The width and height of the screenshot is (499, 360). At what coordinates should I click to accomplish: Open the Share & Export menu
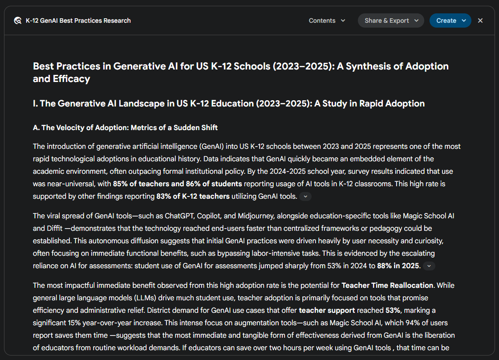(x=390, y=20)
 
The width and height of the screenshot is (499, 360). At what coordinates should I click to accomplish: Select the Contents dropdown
(x=327, y=20)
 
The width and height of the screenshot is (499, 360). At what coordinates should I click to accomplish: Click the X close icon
(x=480, y=20)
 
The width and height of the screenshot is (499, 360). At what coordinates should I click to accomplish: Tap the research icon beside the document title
(x=18, y=20)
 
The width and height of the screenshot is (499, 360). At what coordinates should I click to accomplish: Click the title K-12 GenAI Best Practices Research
(x=78, y=20)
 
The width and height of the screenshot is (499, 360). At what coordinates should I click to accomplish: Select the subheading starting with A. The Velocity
(x=125, y=128)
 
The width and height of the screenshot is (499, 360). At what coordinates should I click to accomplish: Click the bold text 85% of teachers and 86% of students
(x=177, y=184)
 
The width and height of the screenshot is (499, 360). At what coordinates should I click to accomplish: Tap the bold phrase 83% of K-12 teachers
(x=193, y=196)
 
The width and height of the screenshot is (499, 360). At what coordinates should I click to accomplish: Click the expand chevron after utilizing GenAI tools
(x=305, y=196)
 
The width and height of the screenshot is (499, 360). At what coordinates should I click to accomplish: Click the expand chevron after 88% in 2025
(x=429, y=266)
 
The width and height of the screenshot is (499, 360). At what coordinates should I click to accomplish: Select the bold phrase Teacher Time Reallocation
(x=387, y=285)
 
